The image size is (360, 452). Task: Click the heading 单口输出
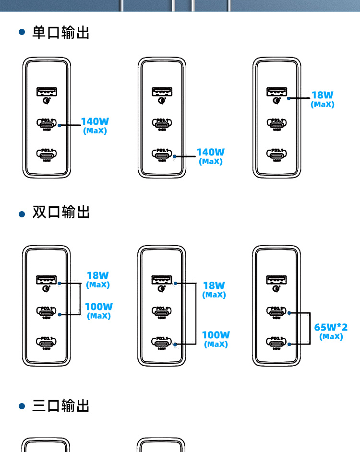(60, 33)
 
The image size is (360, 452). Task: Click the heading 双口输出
(60, 212)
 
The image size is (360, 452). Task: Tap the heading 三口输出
(60, 406)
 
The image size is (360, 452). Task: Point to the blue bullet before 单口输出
(21, 33)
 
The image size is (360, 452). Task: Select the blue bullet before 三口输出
(21, 406)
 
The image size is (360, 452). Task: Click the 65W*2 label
(331, 327)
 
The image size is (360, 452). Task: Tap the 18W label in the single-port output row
(322, 95)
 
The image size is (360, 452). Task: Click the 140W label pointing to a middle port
(95, 121)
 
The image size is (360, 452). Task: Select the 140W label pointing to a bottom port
(210, 152)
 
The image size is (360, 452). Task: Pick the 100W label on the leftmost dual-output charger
(99, 306)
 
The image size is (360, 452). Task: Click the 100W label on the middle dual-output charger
(216, 335)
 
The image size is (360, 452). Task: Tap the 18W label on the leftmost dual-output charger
(98, 275)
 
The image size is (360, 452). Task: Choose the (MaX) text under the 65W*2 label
(331, 337)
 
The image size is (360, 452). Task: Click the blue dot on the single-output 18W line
(288, 98)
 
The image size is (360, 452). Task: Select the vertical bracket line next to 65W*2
(307, 328)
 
